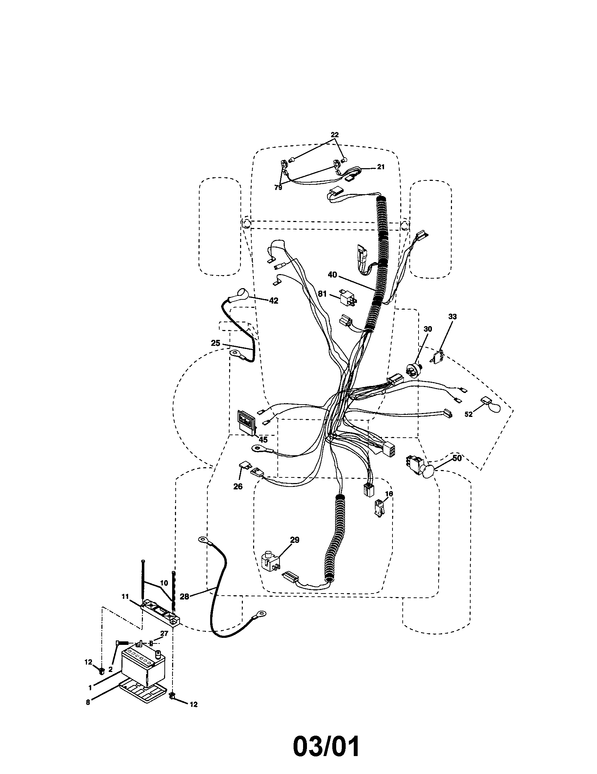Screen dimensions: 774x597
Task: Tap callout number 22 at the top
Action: tap(334, 135)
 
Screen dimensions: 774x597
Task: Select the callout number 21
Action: tap(381, 167)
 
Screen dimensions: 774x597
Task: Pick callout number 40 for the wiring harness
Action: tap(332, 275)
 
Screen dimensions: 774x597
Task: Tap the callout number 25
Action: tap(215, 343)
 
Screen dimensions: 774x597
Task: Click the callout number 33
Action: tap(452, 317)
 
